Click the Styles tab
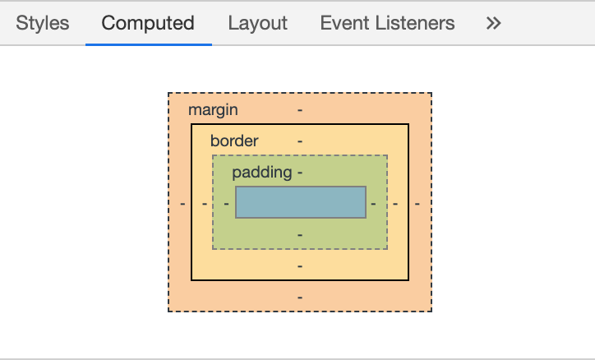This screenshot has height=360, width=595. [x=43, y=23]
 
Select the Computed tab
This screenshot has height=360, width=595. [x=148, y=23]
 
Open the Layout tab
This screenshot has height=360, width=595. [x=258, y=23]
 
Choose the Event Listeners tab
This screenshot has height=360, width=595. [x=387, y=23]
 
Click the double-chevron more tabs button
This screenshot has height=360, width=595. [x=494, y=23]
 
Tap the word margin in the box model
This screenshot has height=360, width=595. [x=213, y=110]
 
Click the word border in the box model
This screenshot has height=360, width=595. [x=234, y=141]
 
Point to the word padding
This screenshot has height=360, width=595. [x=262, y=173]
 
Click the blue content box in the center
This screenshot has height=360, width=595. [x=301, y=202]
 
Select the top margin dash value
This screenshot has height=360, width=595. [x=300, y=110]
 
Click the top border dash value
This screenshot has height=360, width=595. [x=300, y=141]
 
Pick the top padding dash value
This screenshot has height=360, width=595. [x=300, y=173]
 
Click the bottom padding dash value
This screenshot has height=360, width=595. [x=300, y=235]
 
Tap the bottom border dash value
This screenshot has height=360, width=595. [x=300, y=266]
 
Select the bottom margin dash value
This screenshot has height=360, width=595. [x=300, y=298]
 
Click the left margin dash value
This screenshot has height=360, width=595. [x=182, y=204]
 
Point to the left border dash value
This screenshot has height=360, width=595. [x=205, y=204]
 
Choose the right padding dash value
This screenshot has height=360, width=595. [x=373, y=204]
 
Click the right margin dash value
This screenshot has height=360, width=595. [x=417, y=204]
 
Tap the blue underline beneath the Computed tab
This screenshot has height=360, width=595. [x=149, y=44]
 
